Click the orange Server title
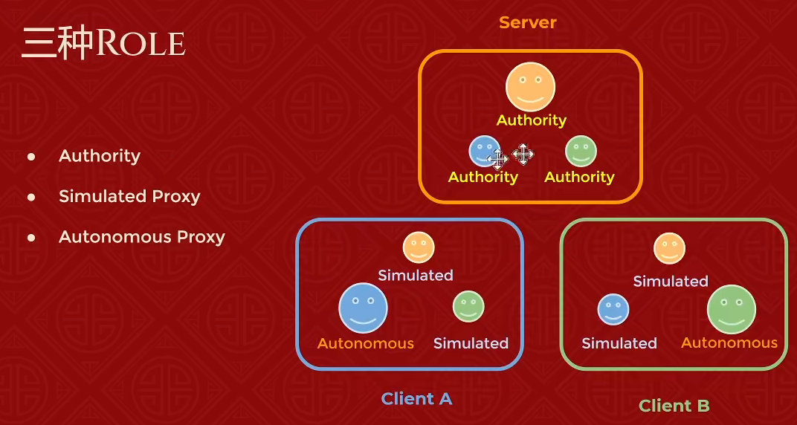point(527,22)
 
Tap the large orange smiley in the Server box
point(530,87)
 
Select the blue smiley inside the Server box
point(483,151)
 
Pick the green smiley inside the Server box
point(581,151)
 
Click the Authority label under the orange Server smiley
point(531,120)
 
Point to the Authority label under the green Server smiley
point(579,177)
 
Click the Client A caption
point(416,399)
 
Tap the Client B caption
point(674,406)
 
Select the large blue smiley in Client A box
point(363,308)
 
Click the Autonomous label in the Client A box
point(365,343)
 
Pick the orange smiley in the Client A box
point(419,247)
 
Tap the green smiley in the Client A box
point(468,307)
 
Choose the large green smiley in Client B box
point(731,309)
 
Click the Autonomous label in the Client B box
point(729,343)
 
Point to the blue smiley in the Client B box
point(613,309)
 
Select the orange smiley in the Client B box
point(669,248)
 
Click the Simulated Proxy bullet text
point(129,197)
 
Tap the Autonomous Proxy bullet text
point(141,237)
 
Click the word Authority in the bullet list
point(100,156)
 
